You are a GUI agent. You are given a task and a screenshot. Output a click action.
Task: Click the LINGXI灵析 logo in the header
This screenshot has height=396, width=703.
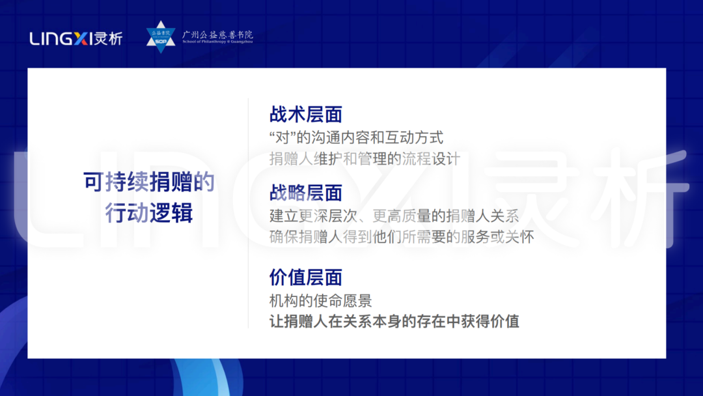76,38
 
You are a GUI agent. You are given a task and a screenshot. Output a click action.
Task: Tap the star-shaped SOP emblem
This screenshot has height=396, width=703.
160,36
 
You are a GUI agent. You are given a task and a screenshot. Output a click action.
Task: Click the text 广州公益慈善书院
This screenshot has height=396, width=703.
217,34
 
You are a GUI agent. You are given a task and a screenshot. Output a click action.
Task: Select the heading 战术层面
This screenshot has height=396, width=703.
305,115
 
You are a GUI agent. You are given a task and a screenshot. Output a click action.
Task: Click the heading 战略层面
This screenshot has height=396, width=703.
305,193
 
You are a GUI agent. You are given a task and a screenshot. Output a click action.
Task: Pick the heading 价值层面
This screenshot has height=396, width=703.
305,277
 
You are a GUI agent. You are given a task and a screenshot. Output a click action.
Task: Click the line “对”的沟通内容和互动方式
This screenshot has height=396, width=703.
356,138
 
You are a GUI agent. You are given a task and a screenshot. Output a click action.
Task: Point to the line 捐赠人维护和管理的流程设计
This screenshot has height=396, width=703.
365,159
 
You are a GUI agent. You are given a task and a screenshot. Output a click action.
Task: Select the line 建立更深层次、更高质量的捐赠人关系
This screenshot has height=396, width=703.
394,216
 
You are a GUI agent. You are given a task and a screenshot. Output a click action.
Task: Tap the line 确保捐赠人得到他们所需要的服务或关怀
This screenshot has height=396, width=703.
402,236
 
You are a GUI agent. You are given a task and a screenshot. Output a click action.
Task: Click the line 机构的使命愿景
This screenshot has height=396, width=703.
320,301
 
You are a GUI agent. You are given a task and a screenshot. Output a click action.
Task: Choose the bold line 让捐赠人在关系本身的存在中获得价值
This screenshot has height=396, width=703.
394,322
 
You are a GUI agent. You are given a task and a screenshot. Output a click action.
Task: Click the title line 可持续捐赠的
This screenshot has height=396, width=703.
149,183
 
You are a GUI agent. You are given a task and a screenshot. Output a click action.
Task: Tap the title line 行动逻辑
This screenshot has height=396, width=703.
149,213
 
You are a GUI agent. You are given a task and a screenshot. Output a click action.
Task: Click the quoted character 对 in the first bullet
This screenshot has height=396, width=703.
283,138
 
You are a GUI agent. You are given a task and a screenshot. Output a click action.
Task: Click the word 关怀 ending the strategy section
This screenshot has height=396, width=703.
520,236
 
